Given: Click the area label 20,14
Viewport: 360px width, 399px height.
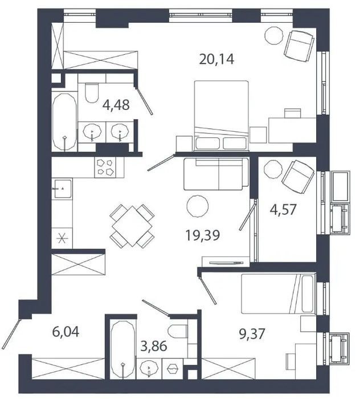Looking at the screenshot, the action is coord(216,60).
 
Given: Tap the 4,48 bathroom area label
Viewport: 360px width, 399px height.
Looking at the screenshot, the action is coord(116,105).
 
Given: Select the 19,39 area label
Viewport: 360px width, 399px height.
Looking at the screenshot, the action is coord(203,235).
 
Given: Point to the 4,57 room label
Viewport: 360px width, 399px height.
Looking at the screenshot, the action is coord(283,210).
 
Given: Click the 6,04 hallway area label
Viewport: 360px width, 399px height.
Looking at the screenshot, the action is coord(66,332).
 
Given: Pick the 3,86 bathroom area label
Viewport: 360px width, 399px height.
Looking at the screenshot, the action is coord(154,346).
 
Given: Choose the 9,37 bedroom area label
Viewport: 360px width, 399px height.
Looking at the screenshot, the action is coord(252,334).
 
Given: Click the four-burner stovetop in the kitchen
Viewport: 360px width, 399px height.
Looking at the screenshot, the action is coord(105,167).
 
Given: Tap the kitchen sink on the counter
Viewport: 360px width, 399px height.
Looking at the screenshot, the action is coord(62,189).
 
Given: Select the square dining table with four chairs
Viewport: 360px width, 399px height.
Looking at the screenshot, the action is coord(132,226).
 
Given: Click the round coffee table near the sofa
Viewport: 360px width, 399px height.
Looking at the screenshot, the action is coord(198,206).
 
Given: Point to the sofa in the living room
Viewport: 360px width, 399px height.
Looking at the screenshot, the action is coord(216,174).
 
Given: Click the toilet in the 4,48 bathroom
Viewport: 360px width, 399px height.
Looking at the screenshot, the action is coord(92,92).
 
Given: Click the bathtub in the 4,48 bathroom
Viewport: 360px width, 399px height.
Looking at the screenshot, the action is coord(64,122).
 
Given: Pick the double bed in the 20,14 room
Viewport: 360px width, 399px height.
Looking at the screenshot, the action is coord(221,115).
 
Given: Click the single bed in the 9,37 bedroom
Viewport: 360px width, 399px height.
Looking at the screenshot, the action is coord(278,294).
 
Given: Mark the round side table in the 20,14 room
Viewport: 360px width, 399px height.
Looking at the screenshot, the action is coord(273,36).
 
